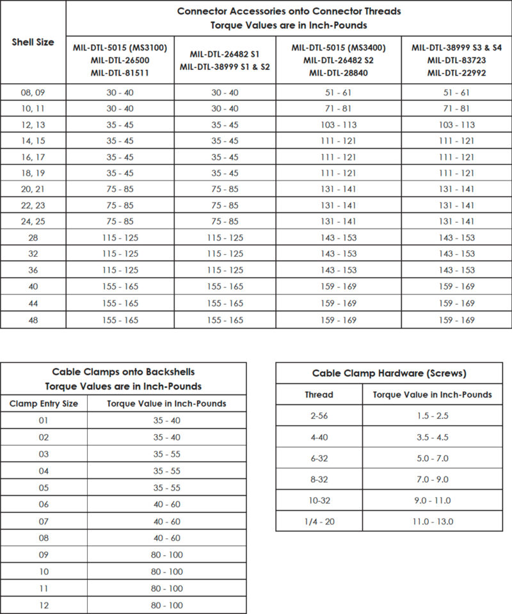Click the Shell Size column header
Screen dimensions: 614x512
(33, 42)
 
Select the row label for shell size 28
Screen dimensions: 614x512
(33, 238)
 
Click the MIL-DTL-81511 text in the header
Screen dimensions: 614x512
(120, 72)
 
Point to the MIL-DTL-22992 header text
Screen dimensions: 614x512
(456, 72)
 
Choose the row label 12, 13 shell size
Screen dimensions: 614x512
(33, 125)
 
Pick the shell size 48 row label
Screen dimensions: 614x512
(33, 319)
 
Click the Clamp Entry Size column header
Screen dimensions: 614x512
(44, 403)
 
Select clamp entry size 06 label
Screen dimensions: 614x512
(44, 505)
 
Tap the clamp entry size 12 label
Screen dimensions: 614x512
(44, 605)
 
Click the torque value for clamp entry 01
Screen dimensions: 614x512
(166, 421)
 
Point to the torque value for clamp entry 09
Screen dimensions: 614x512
(166, 555)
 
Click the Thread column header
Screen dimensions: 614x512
(318, 394)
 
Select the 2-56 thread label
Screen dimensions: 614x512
(318, 416)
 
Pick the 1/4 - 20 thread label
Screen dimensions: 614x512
(318, 521)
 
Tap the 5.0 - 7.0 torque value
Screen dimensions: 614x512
(432, 458)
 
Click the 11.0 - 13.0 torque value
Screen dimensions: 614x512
(432, 521)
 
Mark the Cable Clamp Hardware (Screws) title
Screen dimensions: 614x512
(389, 373)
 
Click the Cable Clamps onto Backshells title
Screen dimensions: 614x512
(123, 371)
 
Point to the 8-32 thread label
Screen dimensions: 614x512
(318, 479)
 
